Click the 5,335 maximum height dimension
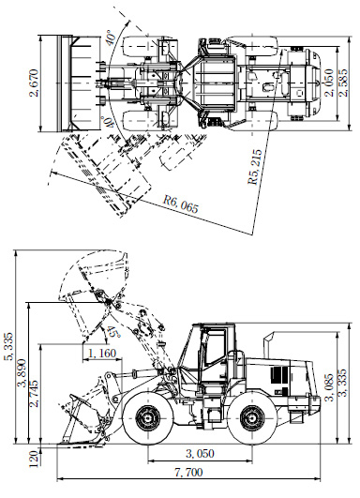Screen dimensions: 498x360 (11, 346)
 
